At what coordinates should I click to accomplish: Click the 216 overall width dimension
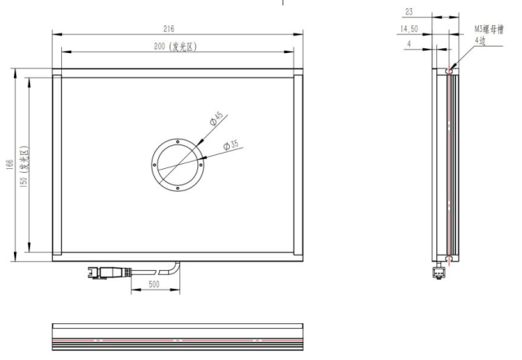click(x=169, y=29)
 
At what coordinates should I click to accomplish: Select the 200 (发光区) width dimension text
click(x=175, y=47)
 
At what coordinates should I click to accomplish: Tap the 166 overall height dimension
click(x=10, y=165)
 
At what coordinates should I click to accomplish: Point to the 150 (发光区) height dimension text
click(x=24, y=167)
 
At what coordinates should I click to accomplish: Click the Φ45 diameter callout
click(x=216, y=118)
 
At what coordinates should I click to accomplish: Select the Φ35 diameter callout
click(x=231, y=145)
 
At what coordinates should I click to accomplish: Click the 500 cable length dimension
click(x=154, y=284)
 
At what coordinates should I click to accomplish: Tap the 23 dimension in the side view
click(x=409, y=12)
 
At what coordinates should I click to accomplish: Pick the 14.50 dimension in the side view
click(x=409, y=29)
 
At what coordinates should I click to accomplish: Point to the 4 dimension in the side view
click(x=409, y=43)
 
